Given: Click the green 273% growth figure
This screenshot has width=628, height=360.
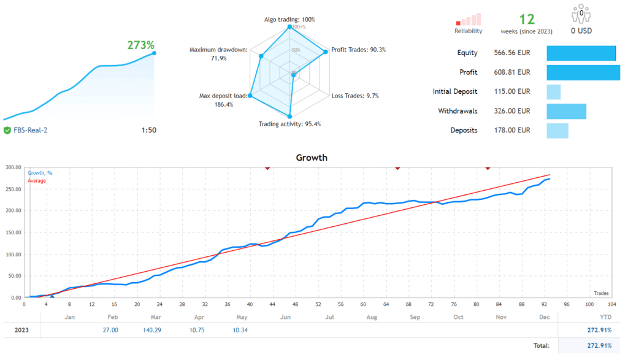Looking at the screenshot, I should coord(140,45).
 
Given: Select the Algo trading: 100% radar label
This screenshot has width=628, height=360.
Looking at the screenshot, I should coord(290,20).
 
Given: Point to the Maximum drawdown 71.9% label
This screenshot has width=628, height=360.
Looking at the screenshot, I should coord(218,54).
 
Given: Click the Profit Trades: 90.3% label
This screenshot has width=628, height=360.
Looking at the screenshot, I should coord(358,50).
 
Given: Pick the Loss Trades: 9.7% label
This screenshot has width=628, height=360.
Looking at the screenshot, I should coord(355,96).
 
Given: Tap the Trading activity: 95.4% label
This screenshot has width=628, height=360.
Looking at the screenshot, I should coord(289,124).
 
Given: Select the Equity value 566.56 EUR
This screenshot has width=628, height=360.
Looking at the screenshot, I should coord(512,53).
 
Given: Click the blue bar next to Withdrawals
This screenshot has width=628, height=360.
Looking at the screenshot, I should coord(566,111).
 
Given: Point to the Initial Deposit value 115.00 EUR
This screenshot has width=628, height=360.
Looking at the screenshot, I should coord(512,92).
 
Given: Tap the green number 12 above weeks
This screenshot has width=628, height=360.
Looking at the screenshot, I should coord(527,20).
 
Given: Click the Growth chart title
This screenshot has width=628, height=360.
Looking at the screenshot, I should coord(312,158).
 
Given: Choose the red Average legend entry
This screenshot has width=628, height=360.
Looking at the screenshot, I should coord(37,180).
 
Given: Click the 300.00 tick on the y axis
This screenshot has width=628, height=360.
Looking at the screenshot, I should coord(12,167).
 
